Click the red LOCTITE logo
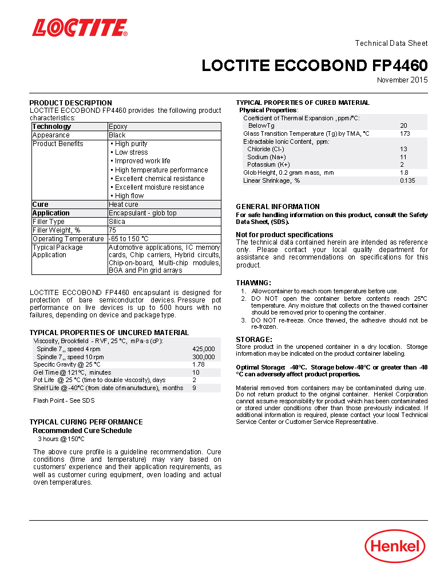(80, 27)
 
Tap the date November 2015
(402, 80)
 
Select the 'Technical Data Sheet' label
(391, 44)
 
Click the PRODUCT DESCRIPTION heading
(70, 103)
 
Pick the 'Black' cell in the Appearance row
(117, 135)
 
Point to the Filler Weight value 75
(113, 230)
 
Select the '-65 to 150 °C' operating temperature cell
(129, 239)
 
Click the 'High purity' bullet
(131, 144)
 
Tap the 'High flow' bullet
(129, 196)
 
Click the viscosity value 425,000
(204, 349)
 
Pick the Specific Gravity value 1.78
(199, 364)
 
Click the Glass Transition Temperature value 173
(405, 133)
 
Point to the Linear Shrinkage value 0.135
(407, 180)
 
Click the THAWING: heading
(253, 283)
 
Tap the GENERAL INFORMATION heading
(278, 207)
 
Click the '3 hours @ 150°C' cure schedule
(61, 439)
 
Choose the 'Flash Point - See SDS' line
(64, 400)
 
